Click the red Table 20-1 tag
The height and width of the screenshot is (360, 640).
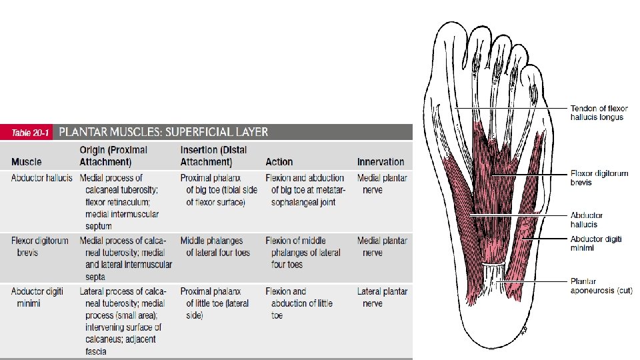click(x=31, y=133)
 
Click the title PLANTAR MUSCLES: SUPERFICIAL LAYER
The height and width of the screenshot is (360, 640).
click(x=164, y=132)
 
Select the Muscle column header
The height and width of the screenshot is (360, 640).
click(x=27, y=162)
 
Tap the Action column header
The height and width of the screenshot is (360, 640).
click(x=279, y=162)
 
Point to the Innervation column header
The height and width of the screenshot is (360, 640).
click(x=381, y=162)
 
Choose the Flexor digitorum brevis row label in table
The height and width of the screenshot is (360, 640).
click(x=40, y=247)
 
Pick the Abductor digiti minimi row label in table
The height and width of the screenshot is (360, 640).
click(x=37, y=297)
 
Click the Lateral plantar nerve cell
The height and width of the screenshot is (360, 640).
click(x=382, y=297)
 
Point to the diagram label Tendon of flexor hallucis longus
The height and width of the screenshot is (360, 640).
click(x=599, y=113)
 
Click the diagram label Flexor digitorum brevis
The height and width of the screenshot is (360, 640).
click(x=599, y=178)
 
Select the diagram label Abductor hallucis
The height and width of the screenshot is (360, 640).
click(x=587, y=219)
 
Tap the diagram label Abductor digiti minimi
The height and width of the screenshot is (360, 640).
click(x=595, y=243)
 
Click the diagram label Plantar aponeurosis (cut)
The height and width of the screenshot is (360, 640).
click(x=601, y=286)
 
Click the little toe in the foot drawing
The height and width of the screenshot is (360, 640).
click(x=533, y=83)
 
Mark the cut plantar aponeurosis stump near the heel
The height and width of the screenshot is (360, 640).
click(x=493, y=273)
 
